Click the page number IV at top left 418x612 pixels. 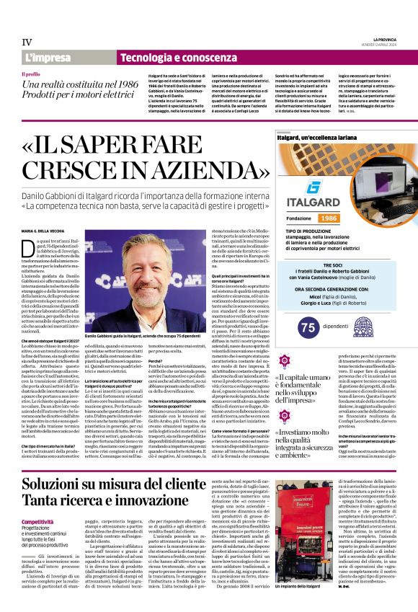[27, 43]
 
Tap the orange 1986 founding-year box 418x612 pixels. [329, 218]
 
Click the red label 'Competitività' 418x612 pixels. [37, 500]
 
